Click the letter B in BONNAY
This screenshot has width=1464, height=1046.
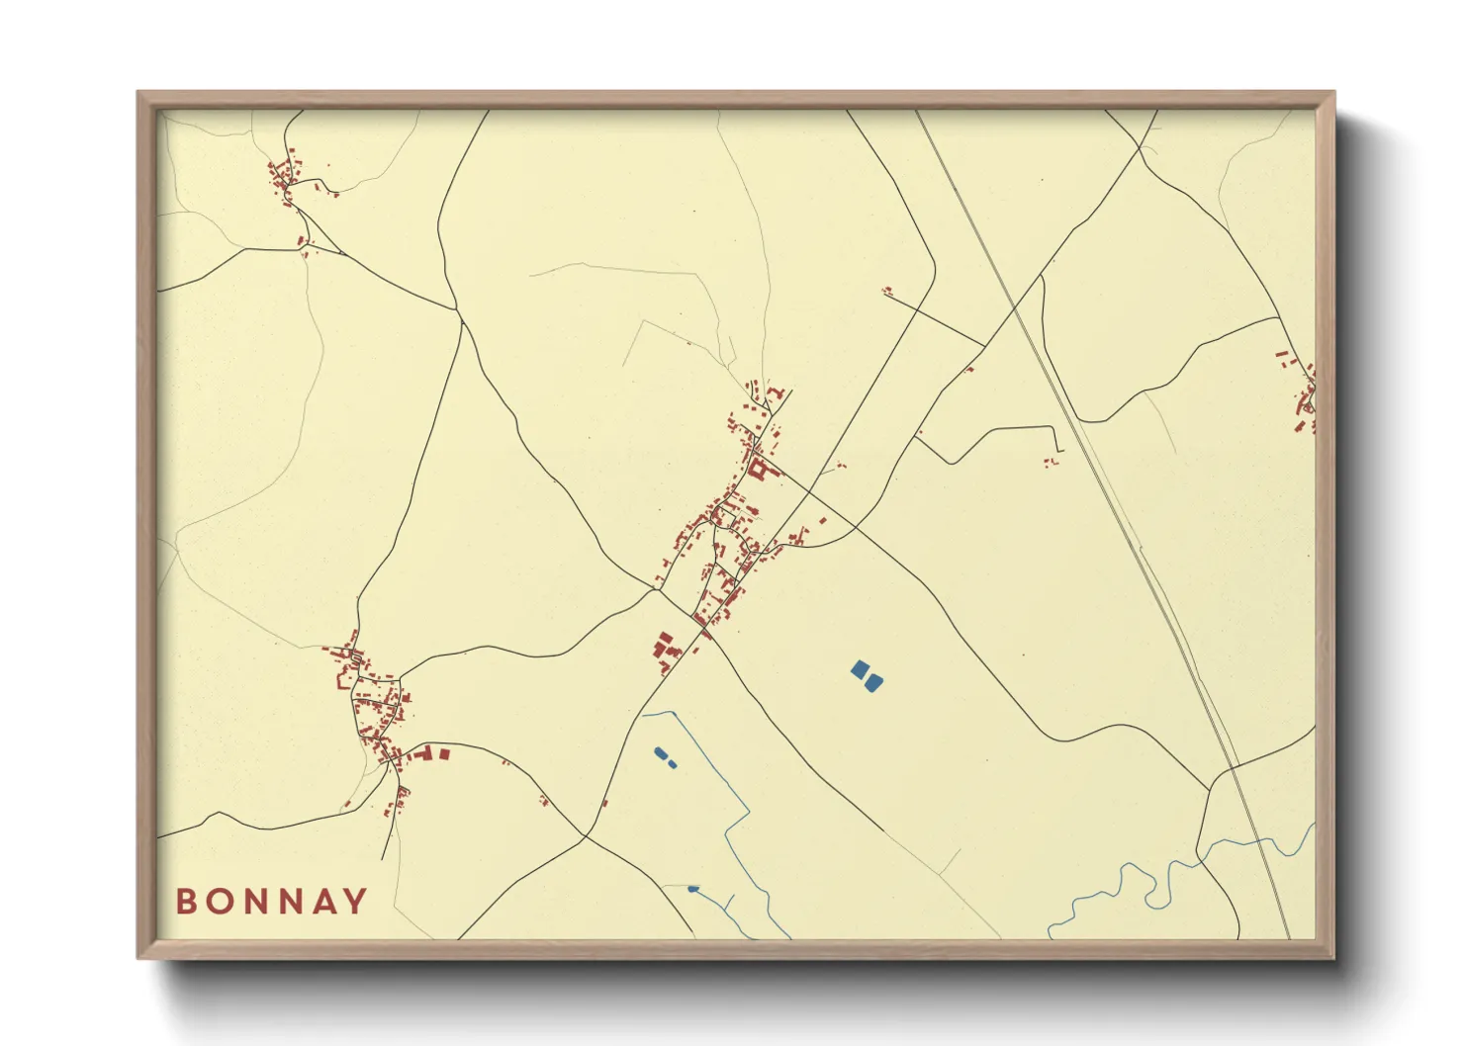[x=185, y=902]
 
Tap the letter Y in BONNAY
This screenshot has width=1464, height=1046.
[x=355, y=902]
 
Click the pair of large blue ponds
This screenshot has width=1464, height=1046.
[x=867, y=676]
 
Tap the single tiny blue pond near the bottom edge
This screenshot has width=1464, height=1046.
[x=692, y=889]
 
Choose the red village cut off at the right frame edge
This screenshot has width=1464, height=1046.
[x=1304, y=395]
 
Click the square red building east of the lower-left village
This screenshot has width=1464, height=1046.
[x=444, y=754]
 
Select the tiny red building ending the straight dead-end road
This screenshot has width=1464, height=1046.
[x=887, y=291]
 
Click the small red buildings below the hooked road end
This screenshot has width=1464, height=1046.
[x=1052, y=461]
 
